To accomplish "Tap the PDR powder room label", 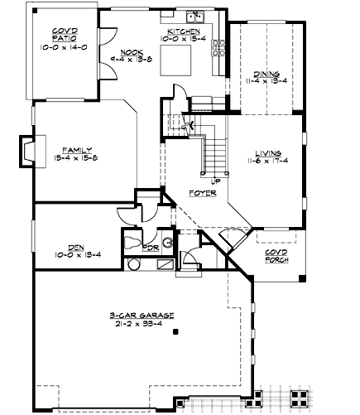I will [150, 248].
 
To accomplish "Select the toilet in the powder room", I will [130, 242].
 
